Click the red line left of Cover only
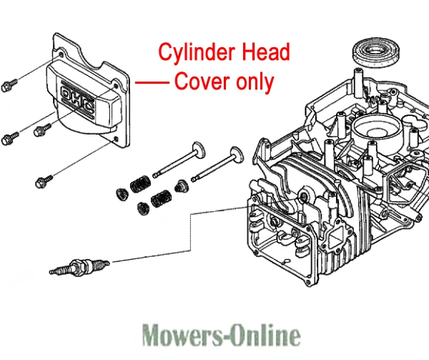point(150,82)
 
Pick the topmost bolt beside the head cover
point(9,86)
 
